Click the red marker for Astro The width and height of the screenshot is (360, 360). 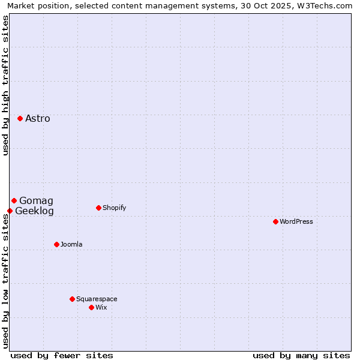(x=20, y=118)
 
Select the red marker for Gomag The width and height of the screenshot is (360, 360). (x=14, y=200)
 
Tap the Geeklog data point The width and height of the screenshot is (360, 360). (x=10, y=211)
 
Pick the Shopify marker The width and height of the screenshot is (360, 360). (x=98, y=208)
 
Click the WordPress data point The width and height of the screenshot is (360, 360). (x=275, y=221)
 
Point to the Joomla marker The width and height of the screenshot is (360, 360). (x=56, y=244)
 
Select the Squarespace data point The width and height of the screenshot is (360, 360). (x=72, y=299)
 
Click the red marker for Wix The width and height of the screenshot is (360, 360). (x=91, y=307)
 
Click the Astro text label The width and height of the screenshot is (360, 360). (x=38, y=118)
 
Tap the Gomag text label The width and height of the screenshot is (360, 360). (x=36, y=200)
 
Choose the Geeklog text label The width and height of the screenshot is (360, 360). (x=34, y=211)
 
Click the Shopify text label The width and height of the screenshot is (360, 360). (x=114, y=208)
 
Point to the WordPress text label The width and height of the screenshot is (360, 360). (x=296, y=221)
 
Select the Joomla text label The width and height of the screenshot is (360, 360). (x=71, y=244)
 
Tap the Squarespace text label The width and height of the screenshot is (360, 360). (x=97, y=299)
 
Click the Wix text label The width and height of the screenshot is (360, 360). (x=101, y=307)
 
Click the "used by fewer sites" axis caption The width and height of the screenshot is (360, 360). (x=62, y=355)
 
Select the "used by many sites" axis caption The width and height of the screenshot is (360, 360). (x=301, y=355)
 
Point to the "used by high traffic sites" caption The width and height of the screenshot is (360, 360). (x=5, y=85)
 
